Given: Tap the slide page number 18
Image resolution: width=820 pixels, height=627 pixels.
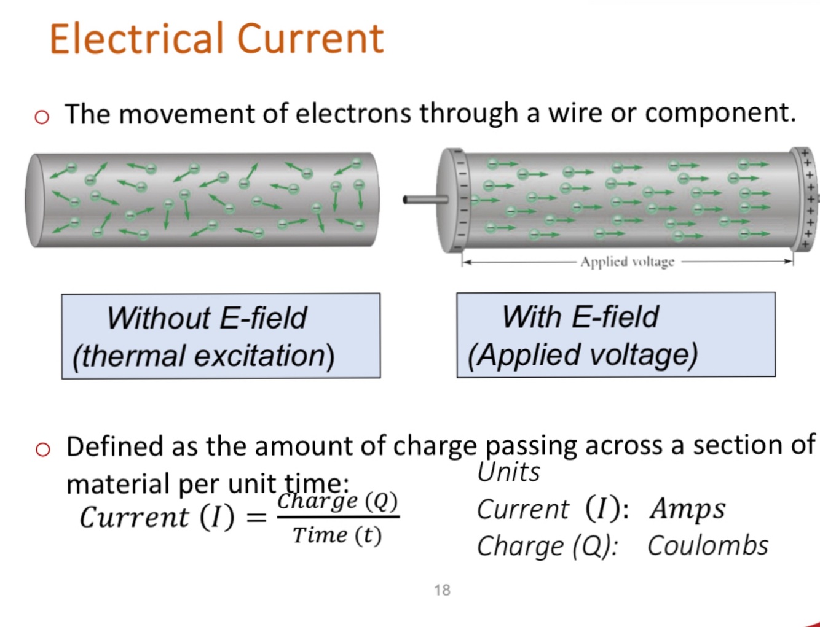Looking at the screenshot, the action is click(442, 590).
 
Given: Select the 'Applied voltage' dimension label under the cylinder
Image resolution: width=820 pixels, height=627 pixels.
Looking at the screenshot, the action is click(627, 262).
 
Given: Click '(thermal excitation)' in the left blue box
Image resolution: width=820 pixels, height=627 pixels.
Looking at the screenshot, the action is click(203, 356).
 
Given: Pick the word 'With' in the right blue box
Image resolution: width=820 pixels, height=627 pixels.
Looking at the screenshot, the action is click(532, 317).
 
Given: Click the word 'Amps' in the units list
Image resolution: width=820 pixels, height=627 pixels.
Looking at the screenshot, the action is click(687, 509).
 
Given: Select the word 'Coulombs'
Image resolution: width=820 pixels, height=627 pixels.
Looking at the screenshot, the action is click(708, 546).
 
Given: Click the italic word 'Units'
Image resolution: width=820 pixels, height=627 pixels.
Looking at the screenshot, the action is click(508, 472).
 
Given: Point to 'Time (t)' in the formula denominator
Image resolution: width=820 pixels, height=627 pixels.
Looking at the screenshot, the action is click(337, 535).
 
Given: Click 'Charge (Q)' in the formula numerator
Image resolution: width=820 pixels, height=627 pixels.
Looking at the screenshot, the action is click(337, 501).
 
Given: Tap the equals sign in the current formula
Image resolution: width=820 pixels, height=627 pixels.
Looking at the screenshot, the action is click(256, 517).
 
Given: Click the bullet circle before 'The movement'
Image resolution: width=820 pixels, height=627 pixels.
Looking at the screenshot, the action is click(42, 117).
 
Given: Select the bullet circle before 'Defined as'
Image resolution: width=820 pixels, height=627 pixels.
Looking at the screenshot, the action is click(42, 450).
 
